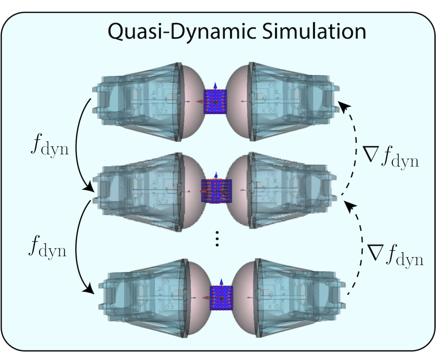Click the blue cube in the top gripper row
point(215,102)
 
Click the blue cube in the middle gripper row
point(216,191)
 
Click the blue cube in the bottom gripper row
point(221,298)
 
